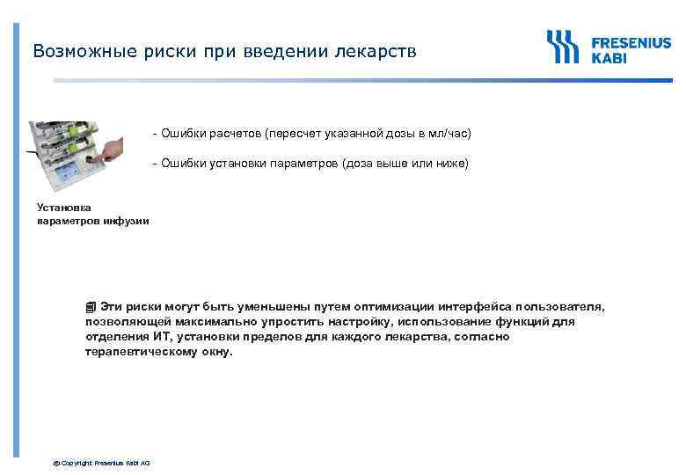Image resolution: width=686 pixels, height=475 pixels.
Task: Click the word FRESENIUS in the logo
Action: tap(631, 43)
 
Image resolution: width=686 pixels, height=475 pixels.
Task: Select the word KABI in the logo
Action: tap(609, 59)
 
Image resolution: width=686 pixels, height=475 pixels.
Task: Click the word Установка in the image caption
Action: tap(63, 208)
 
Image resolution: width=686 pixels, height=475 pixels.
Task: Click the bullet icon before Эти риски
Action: tap(91, 307)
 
